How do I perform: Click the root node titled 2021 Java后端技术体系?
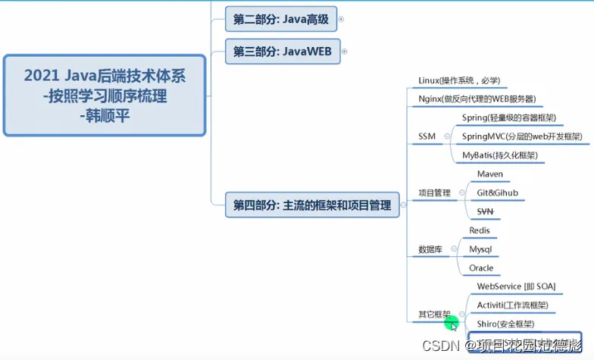tap(105, 95)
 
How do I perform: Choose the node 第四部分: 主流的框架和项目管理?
tap(312, 205)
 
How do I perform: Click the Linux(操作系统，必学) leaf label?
tap(459, 80)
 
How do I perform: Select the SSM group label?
tap(427, 136)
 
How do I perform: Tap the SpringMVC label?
tap(522, 136)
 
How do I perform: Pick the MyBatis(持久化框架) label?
tap(499, 155)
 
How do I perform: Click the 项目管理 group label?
tap(434, 193)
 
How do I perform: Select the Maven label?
tap(489, 174)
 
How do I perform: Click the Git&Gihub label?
tap(497, 193)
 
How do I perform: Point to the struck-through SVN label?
tap(486, 211)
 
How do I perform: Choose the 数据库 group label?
tap(430, 249)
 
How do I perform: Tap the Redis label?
tap(480, 230)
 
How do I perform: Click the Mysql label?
tap(480, 249)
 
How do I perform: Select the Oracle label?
tap(481, 268)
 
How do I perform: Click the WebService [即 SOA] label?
tap(516, 286)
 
